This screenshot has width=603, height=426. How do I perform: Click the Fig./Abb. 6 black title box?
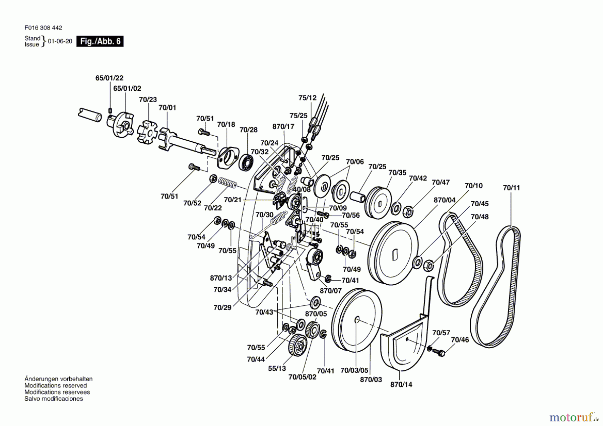[100, 41]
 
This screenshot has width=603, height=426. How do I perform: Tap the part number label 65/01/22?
[109, 78]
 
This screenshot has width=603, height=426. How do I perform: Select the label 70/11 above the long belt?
[511, 188]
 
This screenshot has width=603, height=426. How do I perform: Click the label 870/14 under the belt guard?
[401, 384]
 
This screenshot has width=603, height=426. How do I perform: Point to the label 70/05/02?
[302, 377]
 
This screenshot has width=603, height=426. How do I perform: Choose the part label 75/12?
[307, 98]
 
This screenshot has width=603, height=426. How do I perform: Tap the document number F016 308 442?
[43, 28]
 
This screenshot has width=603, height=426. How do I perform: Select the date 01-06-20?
[60, 41]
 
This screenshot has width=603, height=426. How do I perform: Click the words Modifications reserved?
[56, 385]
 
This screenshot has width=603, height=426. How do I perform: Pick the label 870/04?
[445, 200]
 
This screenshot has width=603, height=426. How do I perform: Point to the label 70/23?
[148, 100]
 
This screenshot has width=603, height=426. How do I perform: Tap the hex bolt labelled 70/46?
[439, 352]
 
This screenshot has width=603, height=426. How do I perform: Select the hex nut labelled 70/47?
[408, 211]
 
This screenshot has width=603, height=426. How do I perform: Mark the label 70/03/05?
[354, 370]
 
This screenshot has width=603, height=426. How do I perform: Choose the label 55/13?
[277, 368]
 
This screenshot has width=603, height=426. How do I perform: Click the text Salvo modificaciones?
[54, 399]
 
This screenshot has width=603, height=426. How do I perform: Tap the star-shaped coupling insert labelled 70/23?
[147, 132]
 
